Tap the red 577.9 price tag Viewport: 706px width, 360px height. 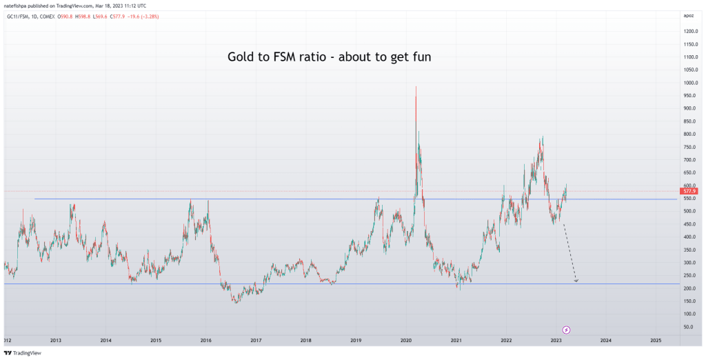pos(689,190)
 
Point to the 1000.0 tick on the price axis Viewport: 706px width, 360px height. pos(691,83)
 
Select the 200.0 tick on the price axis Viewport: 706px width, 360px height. pos(690,288)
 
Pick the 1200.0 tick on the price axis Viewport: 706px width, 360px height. pos(691,32)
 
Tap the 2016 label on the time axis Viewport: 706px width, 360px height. pos(205,341)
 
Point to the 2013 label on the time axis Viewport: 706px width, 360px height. pos(56,341)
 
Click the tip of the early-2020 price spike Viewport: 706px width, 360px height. pos(416,87)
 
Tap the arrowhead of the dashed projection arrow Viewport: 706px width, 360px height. pos(576,280)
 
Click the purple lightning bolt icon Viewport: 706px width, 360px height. pos(567,330)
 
